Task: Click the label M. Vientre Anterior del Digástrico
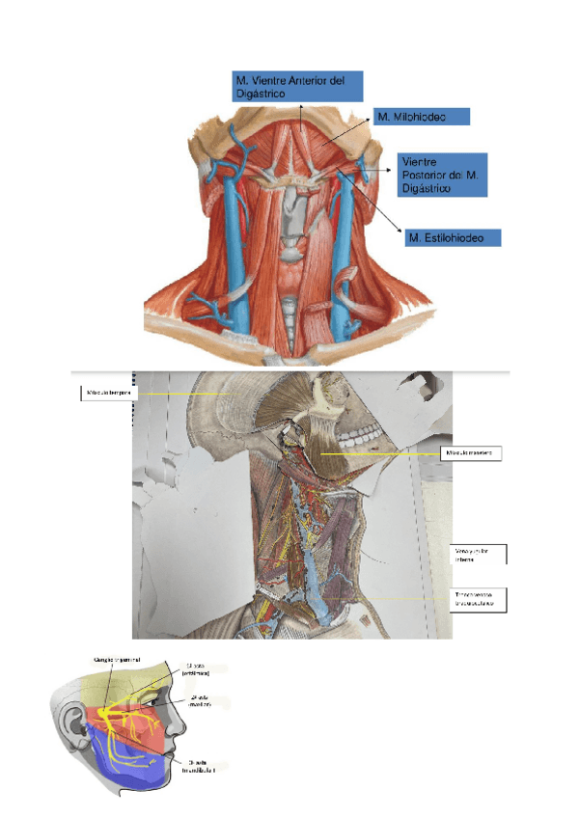297,86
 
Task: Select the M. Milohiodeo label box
421,117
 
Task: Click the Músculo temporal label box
108,393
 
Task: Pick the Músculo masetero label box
473,452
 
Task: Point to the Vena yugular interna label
479,556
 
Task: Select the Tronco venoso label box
479,600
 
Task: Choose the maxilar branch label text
194,701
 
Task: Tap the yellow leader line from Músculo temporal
183,395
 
